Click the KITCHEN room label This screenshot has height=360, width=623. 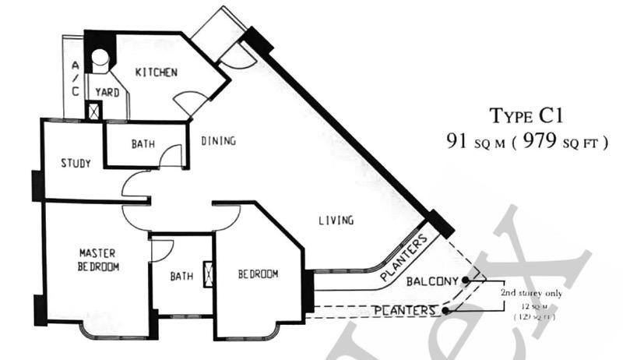coord(157,72)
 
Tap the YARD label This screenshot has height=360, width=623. coord(107,92)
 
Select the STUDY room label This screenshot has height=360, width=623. coord(76,164)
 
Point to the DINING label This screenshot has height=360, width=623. coord(218,141)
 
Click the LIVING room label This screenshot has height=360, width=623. coord(336,221)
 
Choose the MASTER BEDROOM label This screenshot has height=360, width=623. coord(98,259)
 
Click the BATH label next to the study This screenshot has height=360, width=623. coord(143,143)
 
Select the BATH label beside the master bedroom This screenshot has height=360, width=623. coord(181,276)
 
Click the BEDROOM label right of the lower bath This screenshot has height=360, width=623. coord(258,274)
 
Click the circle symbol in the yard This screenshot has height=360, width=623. coord(100,57)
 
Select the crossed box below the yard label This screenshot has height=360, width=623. coord(94,111)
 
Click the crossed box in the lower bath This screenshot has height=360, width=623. coord(208,274)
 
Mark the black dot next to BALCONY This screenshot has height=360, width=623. coord(465,279)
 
